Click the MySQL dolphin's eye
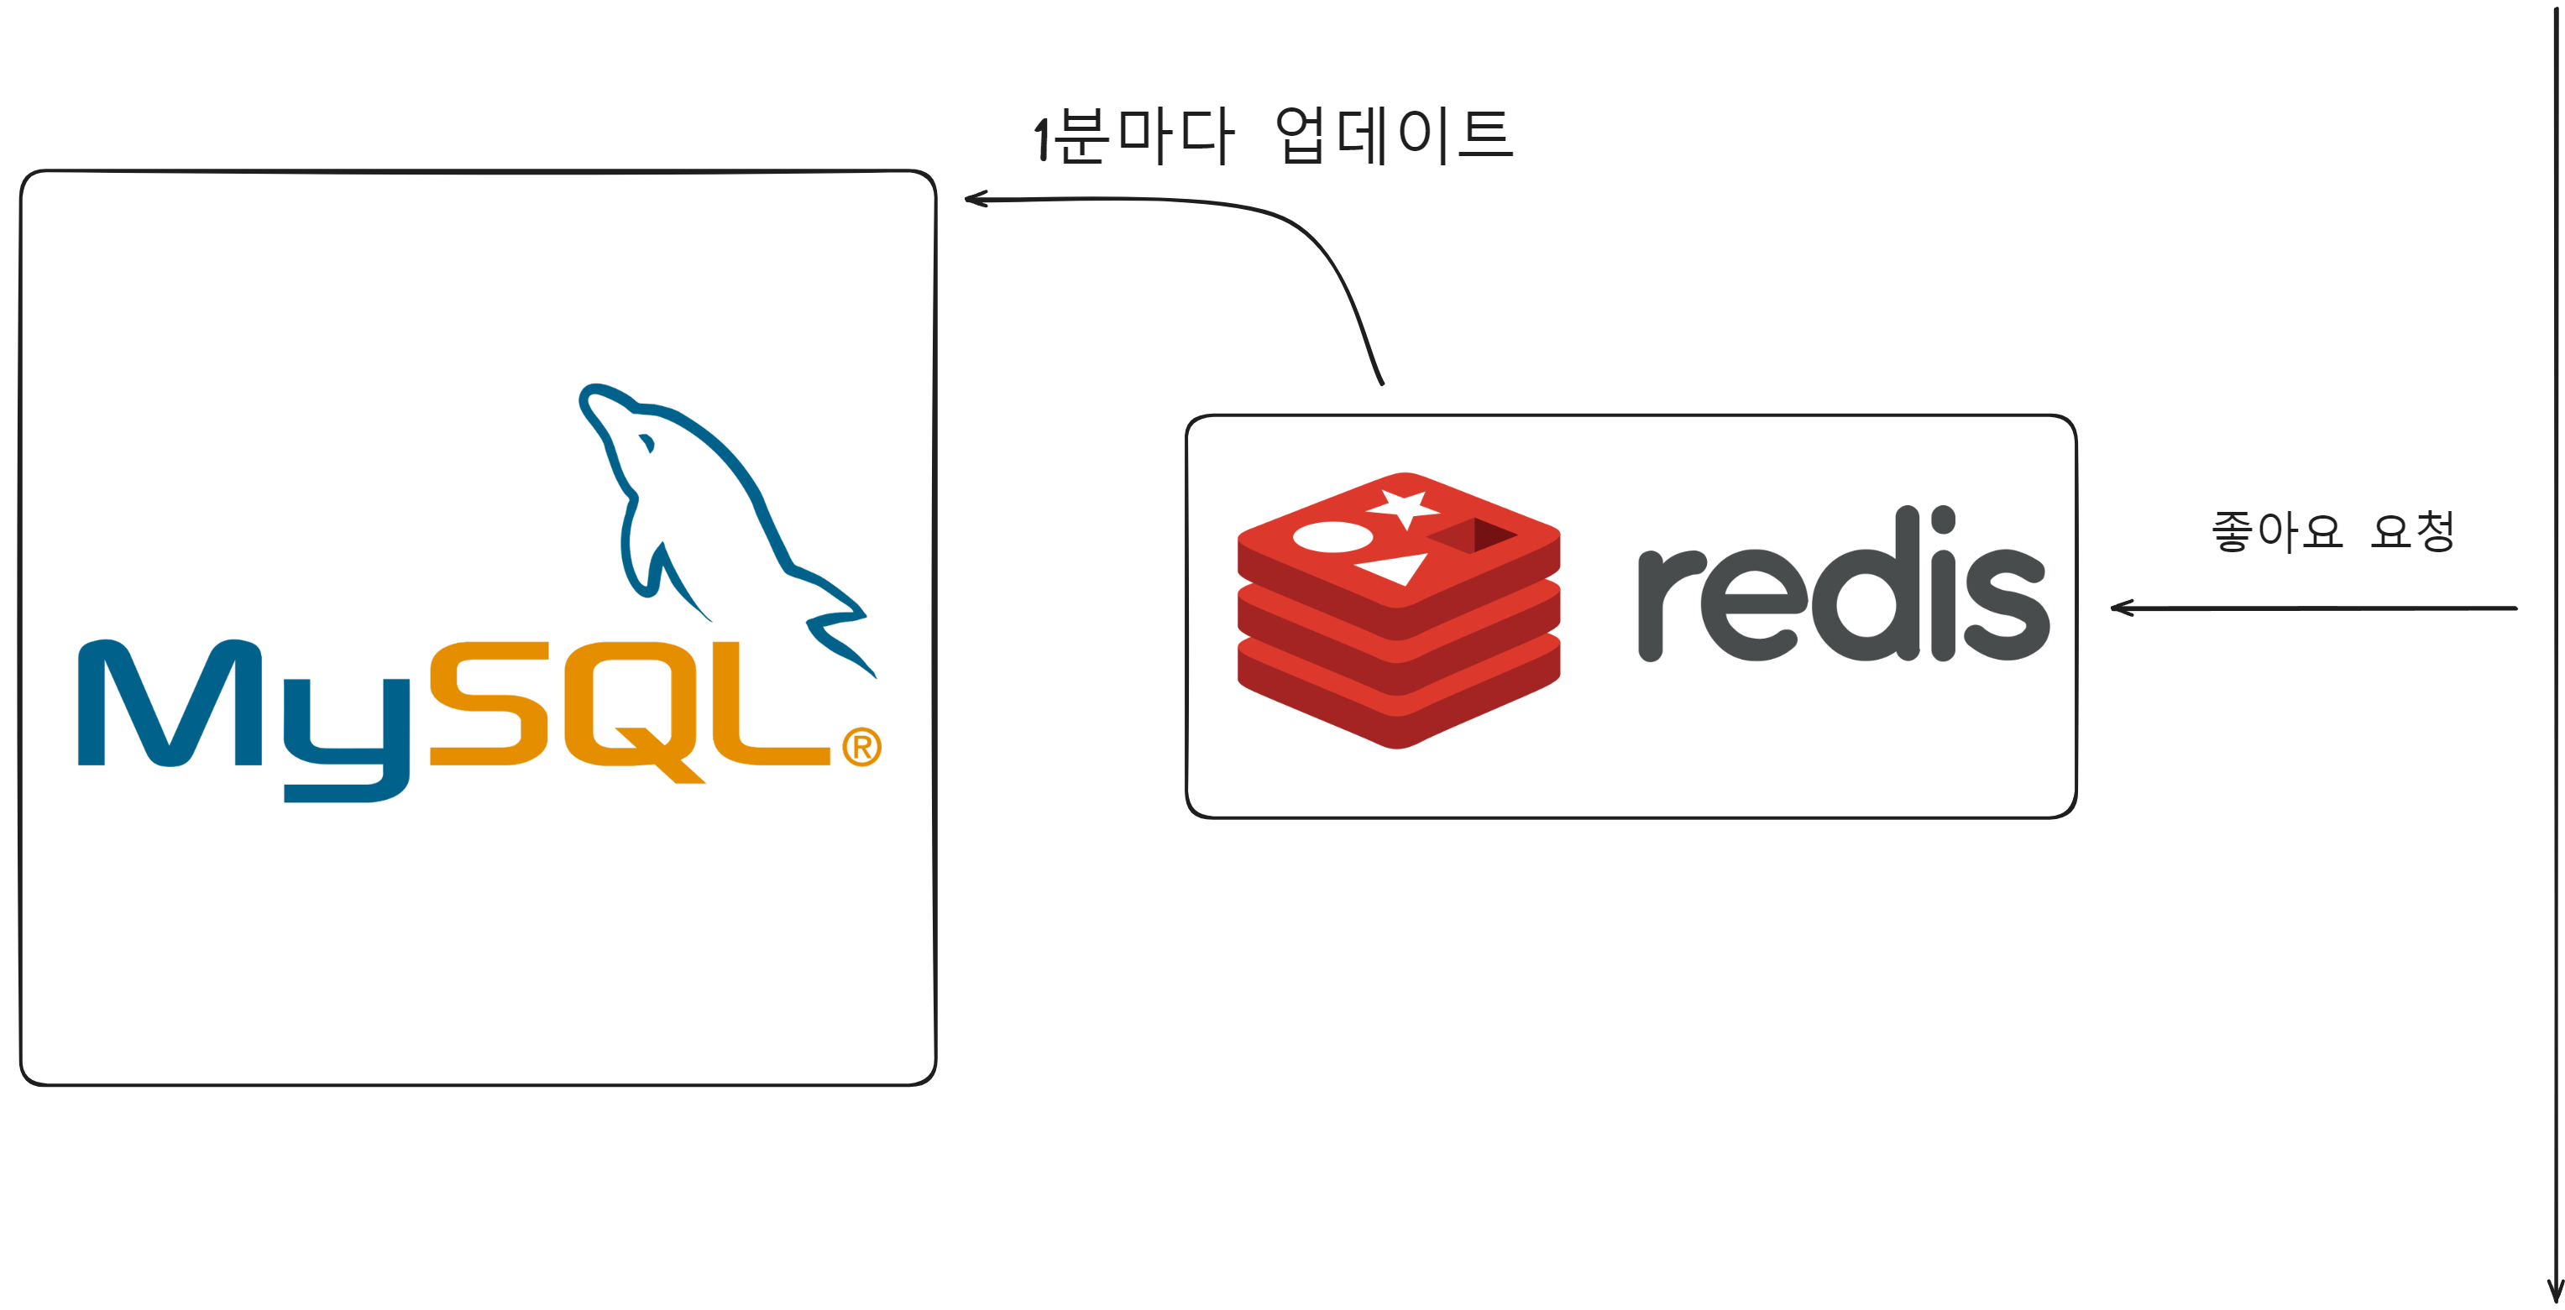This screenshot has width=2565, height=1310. [x=646, y=442]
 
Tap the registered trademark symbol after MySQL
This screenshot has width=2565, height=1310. [x=861, y=747]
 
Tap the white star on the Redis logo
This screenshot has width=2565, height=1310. [x=1404, y=508]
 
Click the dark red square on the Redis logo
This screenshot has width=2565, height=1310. [x=1474, y=535]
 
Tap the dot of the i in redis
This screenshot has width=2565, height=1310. [x=1943, y=519]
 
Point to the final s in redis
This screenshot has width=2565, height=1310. [x=2005, y=605]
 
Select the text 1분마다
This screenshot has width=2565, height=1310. [x=1134, y=135]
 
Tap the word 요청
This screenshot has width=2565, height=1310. [x=2413, y=530]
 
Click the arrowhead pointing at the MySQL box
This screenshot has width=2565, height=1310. [x=975, y=199]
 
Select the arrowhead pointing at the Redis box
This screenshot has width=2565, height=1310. [x=2121, y=608]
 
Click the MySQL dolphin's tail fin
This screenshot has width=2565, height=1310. [x=841, y=637]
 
